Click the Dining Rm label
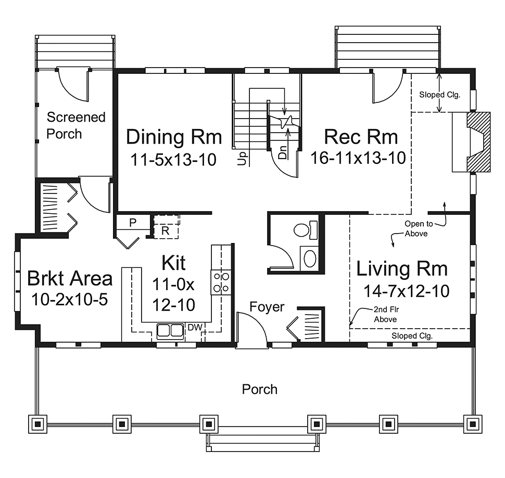pos(174,137)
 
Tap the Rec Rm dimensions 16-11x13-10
pos(358,158)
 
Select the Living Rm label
pos(402,268)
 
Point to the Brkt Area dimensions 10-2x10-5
pos(70,300)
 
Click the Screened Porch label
pos(76,125)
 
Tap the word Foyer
pos(267,307)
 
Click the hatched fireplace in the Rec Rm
pos(478,142)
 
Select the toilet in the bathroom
pos(305,230)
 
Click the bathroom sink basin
pos(310,259)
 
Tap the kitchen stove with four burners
pos(221,282)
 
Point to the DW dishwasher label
pos(195,328)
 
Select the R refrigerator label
pos(165,230)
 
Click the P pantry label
pos(132,222)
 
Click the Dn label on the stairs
pos(283,152)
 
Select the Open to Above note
pos(418,229)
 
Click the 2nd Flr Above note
pos(386,314)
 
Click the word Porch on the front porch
pos(260,389)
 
